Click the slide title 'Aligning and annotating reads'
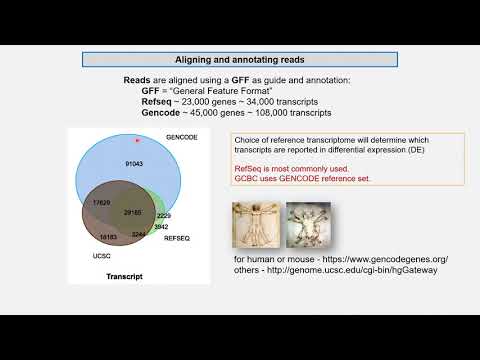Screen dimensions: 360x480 point(240,59)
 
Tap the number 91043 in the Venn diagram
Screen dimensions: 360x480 point(136,162)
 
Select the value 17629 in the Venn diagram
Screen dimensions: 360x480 point(101,202)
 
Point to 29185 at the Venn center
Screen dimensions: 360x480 point(133,213)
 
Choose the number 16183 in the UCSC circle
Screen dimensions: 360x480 point(108,236)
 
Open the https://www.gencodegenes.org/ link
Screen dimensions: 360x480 point(376,258)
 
